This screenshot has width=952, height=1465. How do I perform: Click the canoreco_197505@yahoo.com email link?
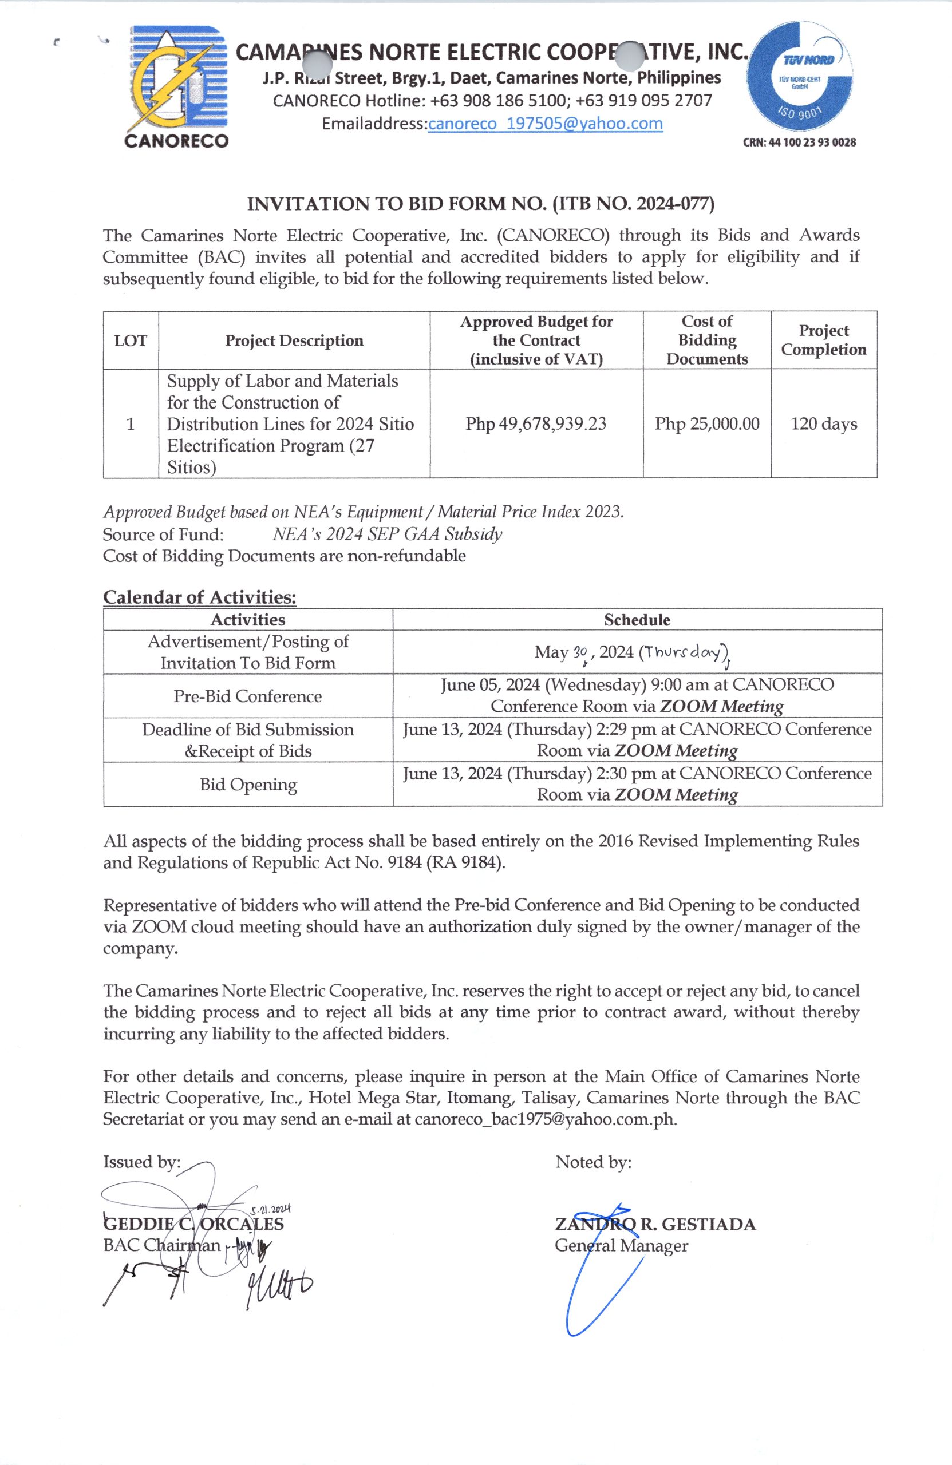click(545, 124)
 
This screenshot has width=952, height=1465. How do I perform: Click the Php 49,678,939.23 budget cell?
click(536, 423)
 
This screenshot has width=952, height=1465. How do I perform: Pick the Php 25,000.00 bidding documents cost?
click(706, 423)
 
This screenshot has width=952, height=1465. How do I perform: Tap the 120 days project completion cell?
click(823, 423)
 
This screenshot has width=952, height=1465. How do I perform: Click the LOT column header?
click(131, 340)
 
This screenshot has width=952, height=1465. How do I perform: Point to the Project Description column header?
click(294, 340)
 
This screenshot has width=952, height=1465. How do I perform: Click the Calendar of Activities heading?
click(200, 596)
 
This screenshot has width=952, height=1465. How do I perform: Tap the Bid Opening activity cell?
click(247, 784)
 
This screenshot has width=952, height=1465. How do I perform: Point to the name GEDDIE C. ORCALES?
click(193, 1224)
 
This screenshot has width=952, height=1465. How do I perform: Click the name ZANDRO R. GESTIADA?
click(655, 1224)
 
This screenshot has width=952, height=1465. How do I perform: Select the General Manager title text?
click(621, 1245)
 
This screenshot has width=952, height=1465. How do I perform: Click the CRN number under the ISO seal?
click(799, 142)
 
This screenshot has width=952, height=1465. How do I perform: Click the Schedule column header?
click(637, 620)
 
